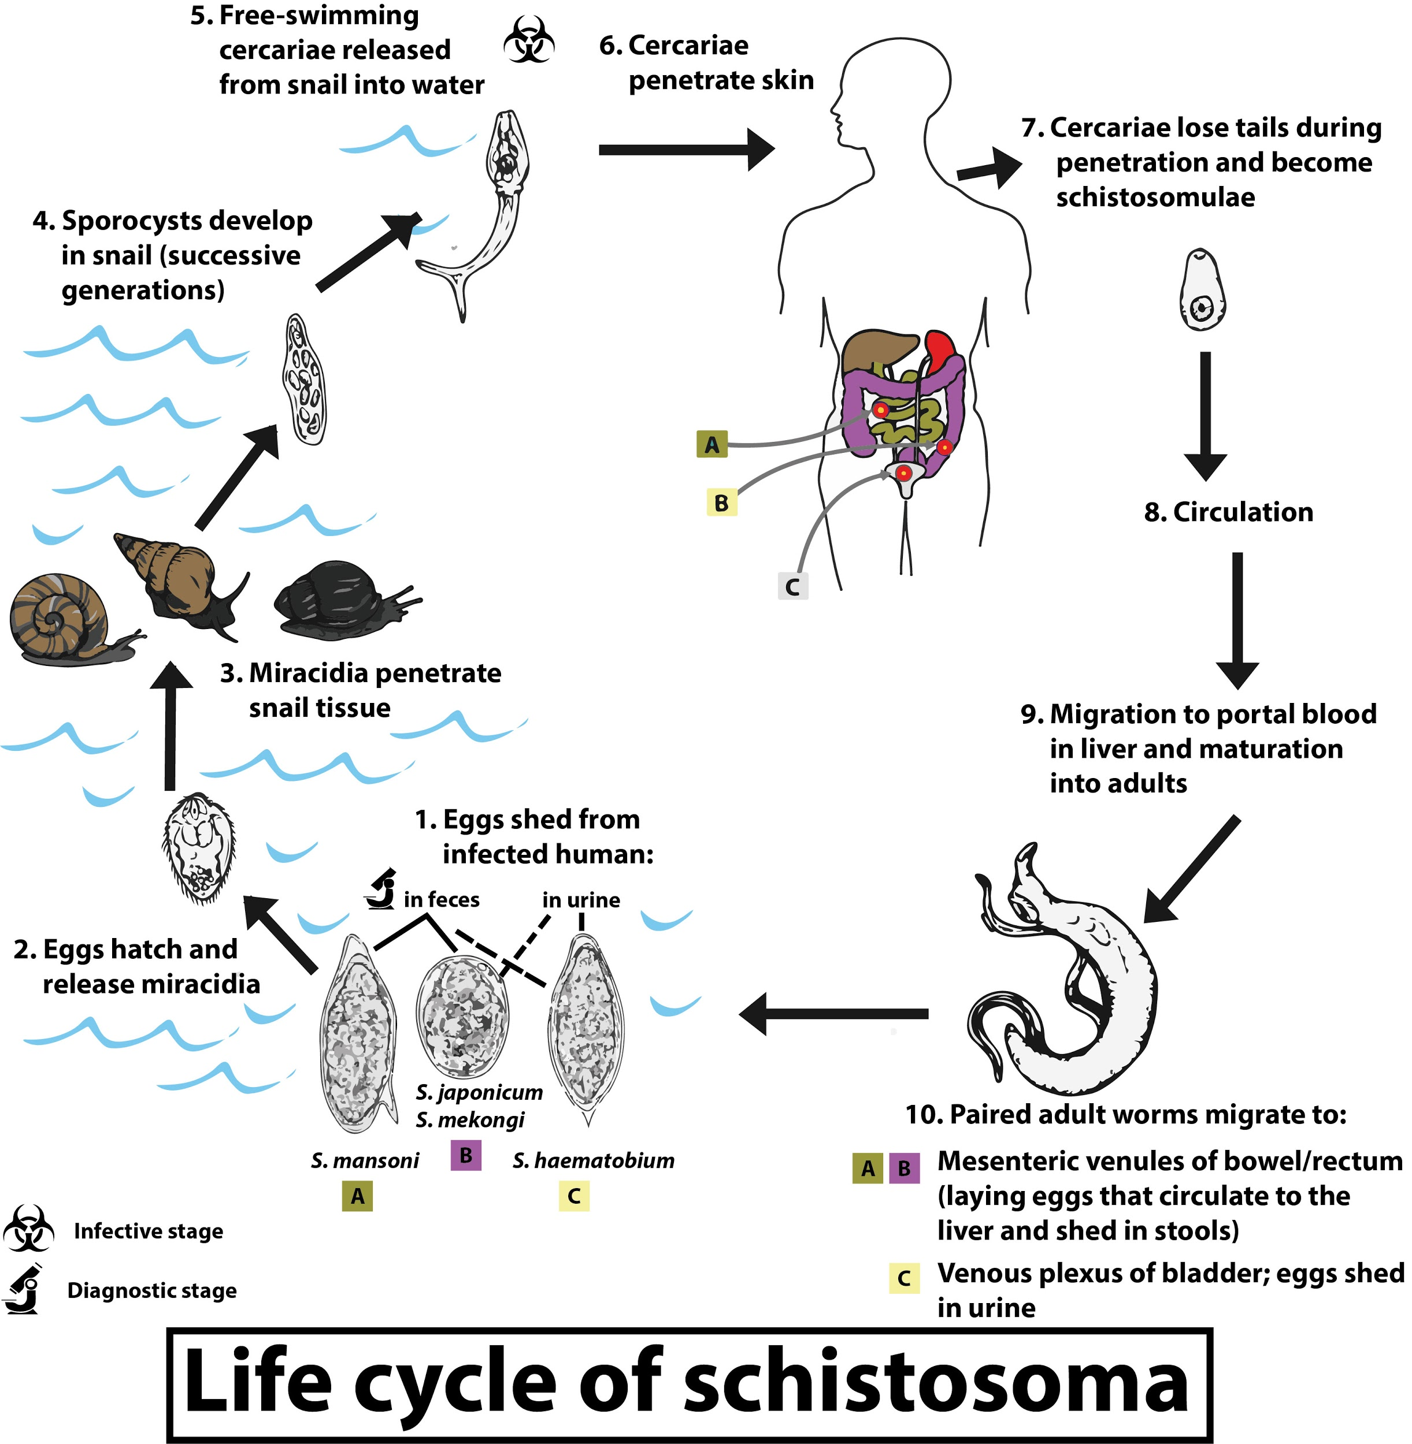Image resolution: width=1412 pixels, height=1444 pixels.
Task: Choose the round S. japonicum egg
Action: [x=463, y=1016]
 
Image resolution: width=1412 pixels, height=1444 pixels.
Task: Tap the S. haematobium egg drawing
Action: [x=587, y=1026]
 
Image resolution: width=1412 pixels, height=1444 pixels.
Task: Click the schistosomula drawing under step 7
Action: [x=1202, y=291]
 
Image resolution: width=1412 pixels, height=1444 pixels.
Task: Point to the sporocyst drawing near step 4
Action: [x=305, y=379]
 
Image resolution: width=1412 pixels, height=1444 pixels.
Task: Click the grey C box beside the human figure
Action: [x=792, y=586]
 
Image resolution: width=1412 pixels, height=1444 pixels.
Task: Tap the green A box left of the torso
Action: [x=712, y=444]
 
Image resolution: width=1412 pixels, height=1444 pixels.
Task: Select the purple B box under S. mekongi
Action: [x=466, y=1155]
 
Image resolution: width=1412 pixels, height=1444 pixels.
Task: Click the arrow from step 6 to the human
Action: [x=686, y=150]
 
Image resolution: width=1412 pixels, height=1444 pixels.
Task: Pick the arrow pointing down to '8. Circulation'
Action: [x=1205, y=415]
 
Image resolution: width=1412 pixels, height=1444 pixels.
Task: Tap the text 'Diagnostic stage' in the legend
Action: [x=152, y=1290]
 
